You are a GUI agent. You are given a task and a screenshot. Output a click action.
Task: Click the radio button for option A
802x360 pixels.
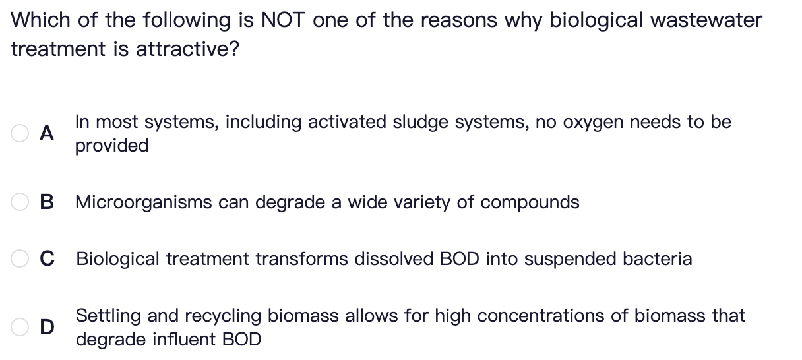click(x=19, y=133)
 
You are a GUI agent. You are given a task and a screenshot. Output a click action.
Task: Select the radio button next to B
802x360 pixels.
click(x=19, y=202)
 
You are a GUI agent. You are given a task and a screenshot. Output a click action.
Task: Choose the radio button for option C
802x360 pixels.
click(x=19, y=259)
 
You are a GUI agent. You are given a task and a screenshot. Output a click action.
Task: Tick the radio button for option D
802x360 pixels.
click(x=19, y=327)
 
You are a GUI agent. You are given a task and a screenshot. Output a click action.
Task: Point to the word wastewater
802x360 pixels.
click(x=706, y=20)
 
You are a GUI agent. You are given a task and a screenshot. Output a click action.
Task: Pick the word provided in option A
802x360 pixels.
click(x=111, y=146)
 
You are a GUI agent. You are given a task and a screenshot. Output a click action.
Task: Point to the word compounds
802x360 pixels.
click(x=530, y=202)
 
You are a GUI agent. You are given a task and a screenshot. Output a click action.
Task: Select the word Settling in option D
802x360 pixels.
click(x=109, y=316)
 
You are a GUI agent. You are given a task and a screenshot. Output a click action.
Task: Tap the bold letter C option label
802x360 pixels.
click(x=47, y=259)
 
